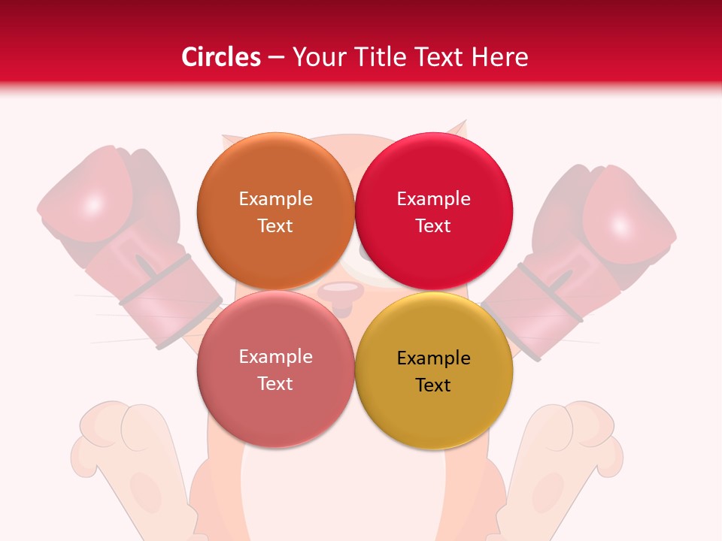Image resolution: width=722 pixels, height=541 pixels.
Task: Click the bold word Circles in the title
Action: (220, 57)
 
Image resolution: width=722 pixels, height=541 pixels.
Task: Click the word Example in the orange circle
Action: (275, 199)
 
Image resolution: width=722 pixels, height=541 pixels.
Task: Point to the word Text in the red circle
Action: (433, 226)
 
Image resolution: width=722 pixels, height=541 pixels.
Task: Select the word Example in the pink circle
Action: (275, 357)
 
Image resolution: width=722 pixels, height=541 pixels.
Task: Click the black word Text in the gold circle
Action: (433, 385)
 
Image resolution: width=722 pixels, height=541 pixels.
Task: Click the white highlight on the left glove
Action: (93, 204)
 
